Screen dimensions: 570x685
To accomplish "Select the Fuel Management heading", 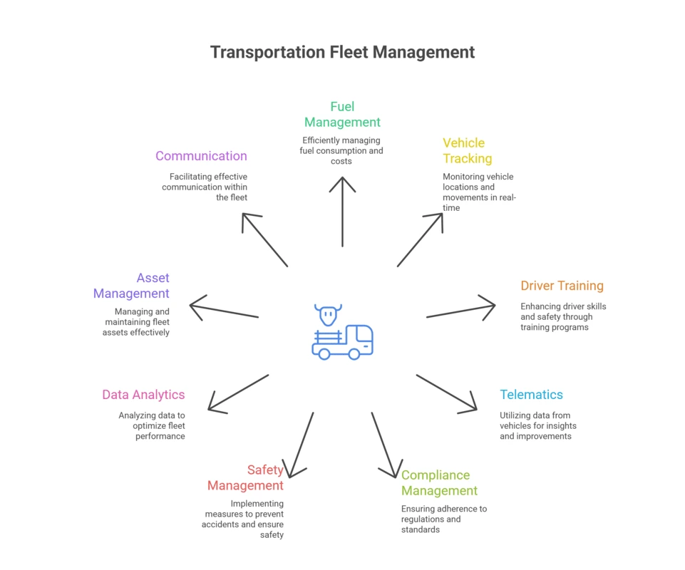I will point(342,114).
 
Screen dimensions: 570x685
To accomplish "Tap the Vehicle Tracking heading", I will point(467,150).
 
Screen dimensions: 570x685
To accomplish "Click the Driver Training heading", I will point(562,286).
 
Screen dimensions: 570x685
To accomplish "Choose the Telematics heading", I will point(531,395).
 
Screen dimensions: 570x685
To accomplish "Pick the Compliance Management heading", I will point(439,483).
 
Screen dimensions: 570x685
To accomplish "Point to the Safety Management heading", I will point(246,477).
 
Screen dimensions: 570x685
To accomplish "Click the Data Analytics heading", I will point(143,395).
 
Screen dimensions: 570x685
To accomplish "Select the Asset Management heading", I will point(132,285).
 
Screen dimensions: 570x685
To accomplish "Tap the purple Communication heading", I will point(201,156).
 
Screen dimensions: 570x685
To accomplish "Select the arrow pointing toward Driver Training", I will point(460,311).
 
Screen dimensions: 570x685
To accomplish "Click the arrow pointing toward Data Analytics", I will point(238,393).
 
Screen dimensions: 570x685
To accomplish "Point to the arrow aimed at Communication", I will point(264,240).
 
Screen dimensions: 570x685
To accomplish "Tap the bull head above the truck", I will point(328,315).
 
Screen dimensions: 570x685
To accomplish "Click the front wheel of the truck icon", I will point(354,353).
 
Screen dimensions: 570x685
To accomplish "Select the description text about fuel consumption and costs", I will point(342,150).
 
